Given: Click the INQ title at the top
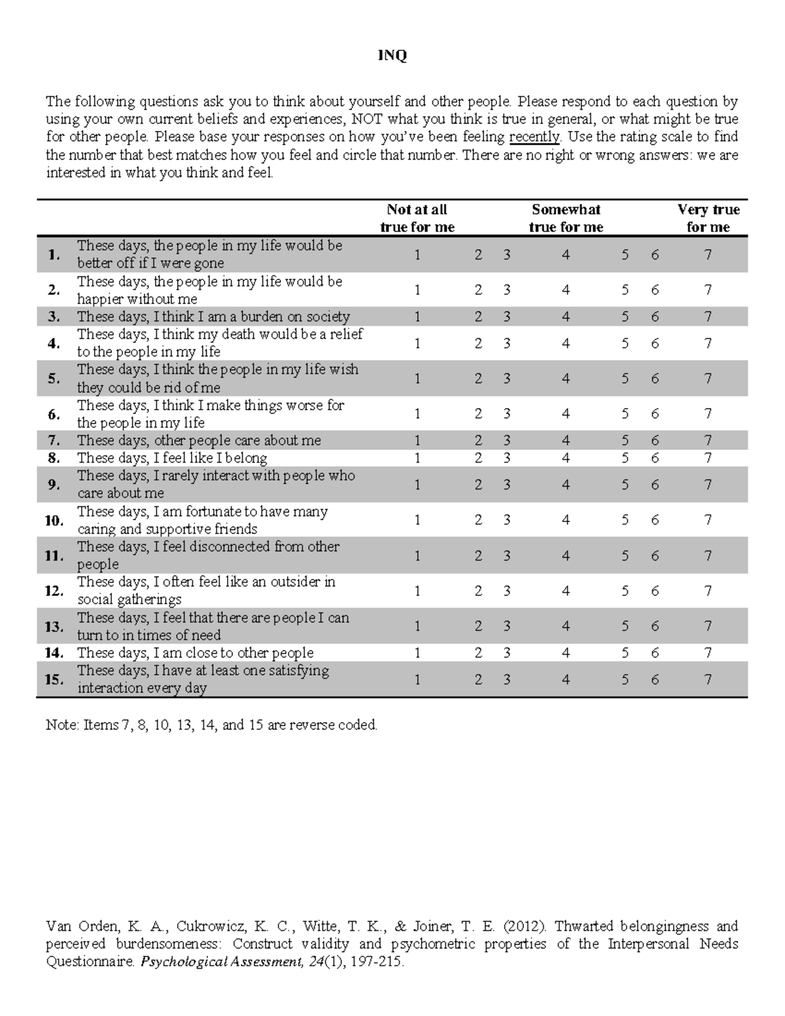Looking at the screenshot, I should point(392,56).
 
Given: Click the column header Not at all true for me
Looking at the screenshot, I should point(417,218).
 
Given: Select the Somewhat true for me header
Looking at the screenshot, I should point(566,218).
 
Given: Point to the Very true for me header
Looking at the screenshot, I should point(708,218).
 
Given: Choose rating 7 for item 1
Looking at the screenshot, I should point(708,254).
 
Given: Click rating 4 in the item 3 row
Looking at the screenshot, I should point(566,317).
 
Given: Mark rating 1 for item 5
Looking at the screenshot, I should point(417,379).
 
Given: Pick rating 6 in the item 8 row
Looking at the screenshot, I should point(655,458).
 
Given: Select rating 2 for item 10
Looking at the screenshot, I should point(478,520).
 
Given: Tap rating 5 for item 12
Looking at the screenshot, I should point(625,591).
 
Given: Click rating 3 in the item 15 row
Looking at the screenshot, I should point(506,680).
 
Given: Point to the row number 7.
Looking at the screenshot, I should point(54,440).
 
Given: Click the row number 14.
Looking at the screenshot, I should point(54,653).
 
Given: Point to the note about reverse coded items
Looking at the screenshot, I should point(211,725).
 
